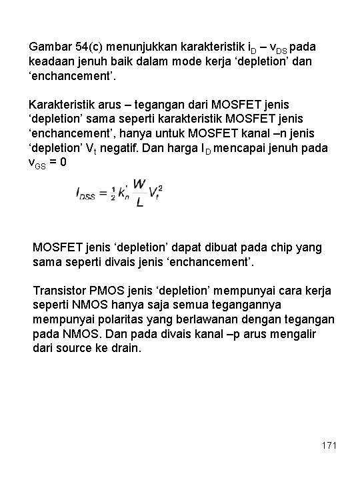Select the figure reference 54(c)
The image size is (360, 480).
pos(91,48)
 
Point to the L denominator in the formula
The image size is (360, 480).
pos(139,203)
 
